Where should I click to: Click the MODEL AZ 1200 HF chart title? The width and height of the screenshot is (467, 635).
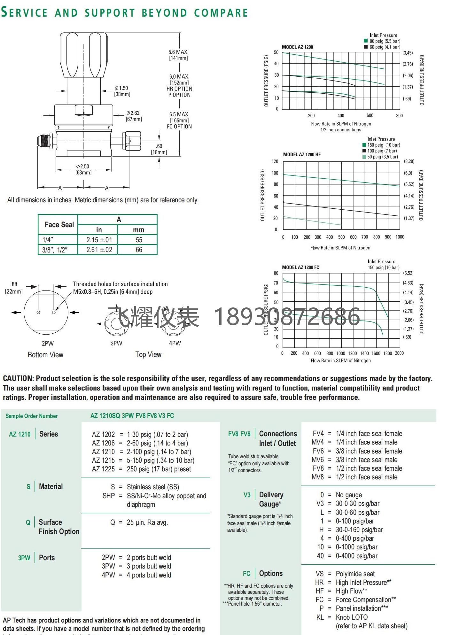(301, 154)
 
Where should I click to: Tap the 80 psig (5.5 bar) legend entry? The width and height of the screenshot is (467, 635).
(385, 41)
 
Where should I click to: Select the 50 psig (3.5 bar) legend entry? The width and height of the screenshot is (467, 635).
(382, 157)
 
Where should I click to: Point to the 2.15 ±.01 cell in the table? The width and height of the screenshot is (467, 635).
(99, 240)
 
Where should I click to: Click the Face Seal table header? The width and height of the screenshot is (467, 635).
(59, 225)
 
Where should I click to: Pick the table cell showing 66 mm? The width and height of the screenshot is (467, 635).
(139, 250)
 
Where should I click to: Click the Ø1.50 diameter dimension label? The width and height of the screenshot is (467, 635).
(121, 88)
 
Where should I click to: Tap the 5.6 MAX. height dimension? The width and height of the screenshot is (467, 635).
(178, 52)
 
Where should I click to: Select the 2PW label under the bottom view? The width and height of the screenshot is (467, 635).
(48, 343)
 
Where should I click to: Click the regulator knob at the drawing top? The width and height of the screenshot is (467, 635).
(83, 54)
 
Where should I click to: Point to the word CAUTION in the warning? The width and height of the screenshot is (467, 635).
(18, 378)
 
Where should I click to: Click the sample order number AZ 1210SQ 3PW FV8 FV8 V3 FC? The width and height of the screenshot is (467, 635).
(132, 416)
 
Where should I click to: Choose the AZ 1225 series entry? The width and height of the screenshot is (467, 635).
(103, 469)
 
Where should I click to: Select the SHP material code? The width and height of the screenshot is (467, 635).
(109, 496)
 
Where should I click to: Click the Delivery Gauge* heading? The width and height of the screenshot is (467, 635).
(271, 499)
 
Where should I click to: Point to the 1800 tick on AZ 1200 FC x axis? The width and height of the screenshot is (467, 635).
(387, 353)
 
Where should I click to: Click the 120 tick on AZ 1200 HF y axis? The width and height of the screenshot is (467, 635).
(275, 161)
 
